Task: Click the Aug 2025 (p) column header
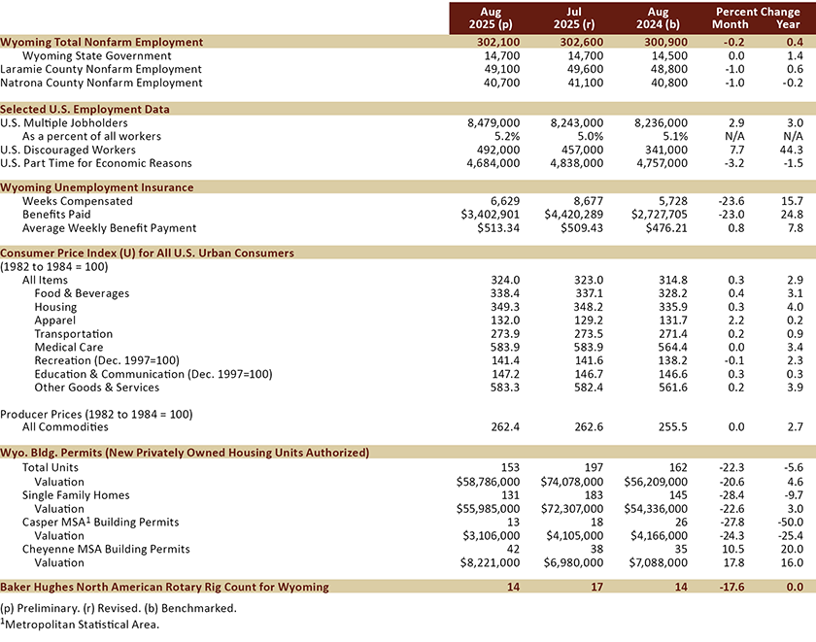click(x=494, y=17)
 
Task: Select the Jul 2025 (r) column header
click(x=578, y=17)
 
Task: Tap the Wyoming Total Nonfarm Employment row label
click(x=102, y=43)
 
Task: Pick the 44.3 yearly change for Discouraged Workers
click(x=789, y=151)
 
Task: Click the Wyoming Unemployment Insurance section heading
click(x=97, y=187)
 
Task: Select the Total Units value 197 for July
click(x=594, y=467)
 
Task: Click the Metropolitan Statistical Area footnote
click(x=82, y=624)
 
